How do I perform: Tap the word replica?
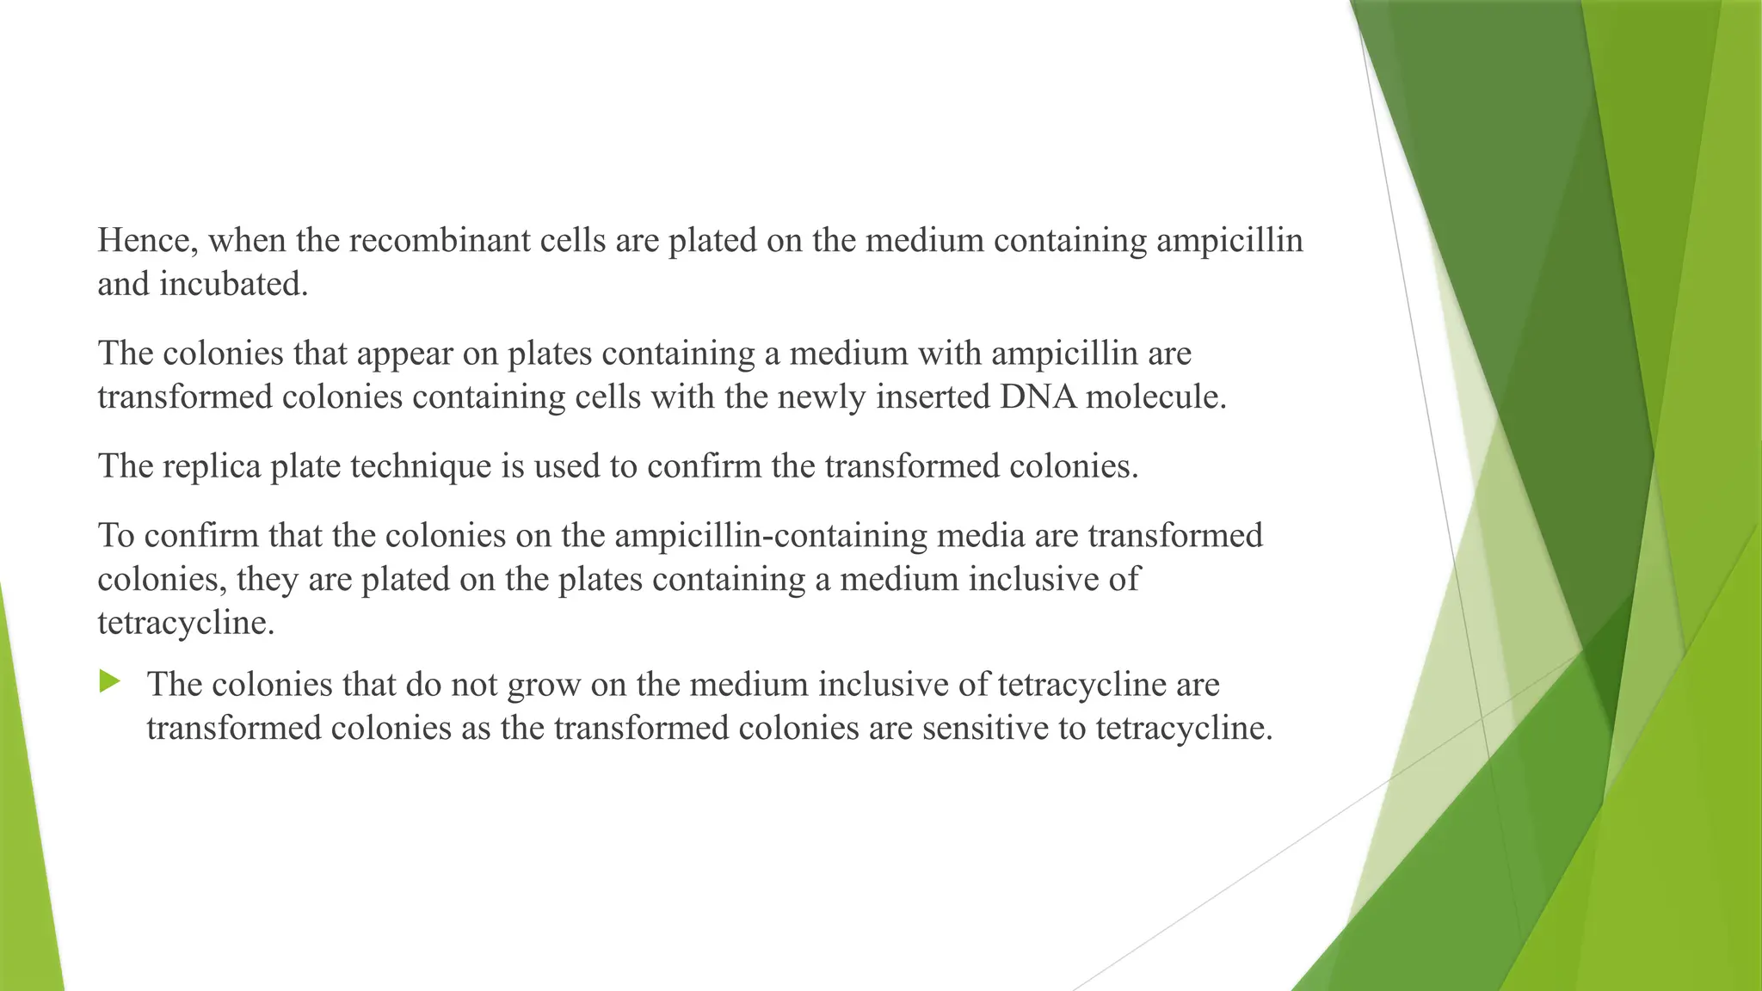pos(209,466)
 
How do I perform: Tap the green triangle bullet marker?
pos(109,682)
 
